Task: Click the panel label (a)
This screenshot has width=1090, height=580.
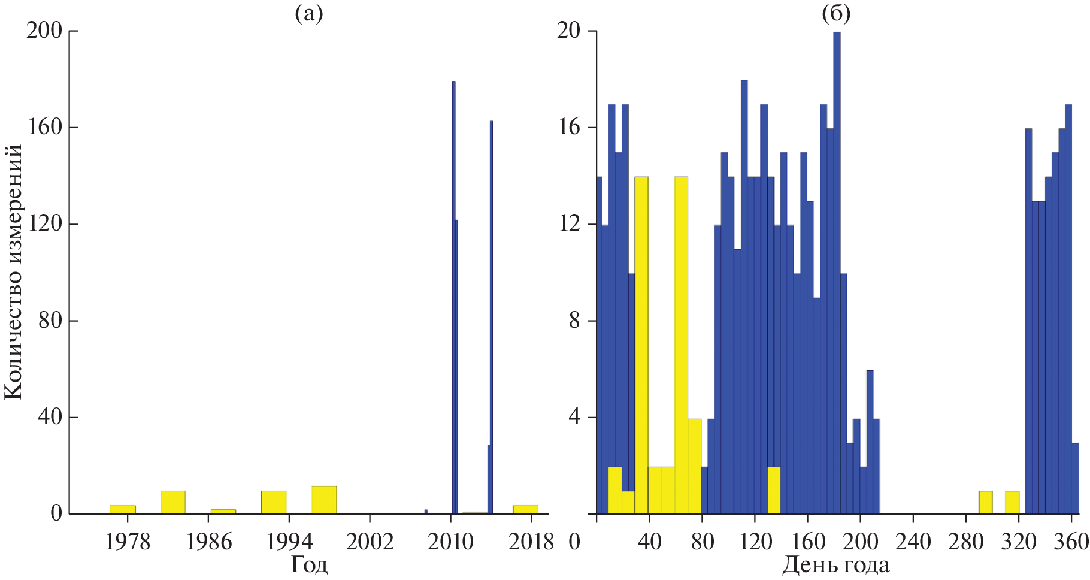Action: [309, 13]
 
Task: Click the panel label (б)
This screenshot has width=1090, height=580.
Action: [836, 13]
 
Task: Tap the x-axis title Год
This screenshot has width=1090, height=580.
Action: [309, 564]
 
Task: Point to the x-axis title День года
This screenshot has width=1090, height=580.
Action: [836, 564]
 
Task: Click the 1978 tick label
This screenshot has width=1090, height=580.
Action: [128, 542]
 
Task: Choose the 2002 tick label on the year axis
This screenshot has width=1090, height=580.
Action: [370, 542]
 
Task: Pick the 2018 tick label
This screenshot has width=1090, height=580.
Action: [531, 542]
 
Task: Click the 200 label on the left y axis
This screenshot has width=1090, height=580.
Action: [44, 31]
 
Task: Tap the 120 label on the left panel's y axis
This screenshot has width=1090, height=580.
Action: [44, 224]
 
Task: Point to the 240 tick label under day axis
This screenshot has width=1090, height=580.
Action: [913, 542]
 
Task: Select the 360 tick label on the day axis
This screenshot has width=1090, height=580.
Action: [1071, 542]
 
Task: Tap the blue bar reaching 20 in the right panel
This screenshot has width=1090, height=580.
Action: [837, 270]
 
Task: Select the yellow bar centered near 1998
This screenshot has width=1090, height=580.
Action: [324, 500]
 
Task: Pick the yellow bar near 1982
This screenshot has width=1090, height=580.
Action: [173, 502]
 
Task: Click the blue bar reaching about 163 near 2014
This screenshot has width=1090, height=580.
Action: [492, 300]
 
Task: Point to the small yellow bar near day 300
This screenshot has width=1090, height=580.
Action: [986, 503]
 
